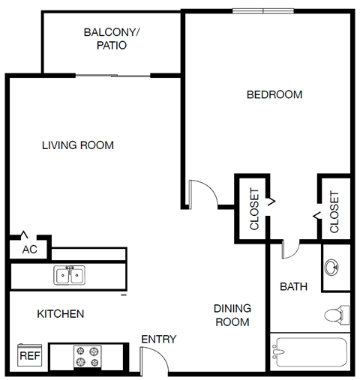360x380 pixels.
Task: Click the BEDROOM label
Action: (x=274, y=95)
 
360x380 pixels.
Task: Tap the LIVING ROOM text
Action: (x=78, y=145)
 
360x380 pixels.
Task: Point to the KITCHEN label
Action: (x=61, y=313)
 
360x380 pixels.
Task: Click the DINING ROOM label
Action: (x=232, y=315)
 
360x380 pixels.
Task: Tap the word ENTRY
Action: (x=159, y=340)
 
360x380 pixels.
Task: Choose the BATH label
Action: (x=293, y=286)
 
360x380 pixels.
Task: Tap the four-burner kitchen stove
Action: (x=86, y=357)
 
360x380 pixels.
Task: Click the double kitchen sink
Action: (x=69, y=275)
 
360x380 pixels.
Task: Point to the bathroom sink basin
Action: (x=334, y=267)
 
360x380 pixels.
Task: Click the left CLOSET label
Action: (x=254, y=208)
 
